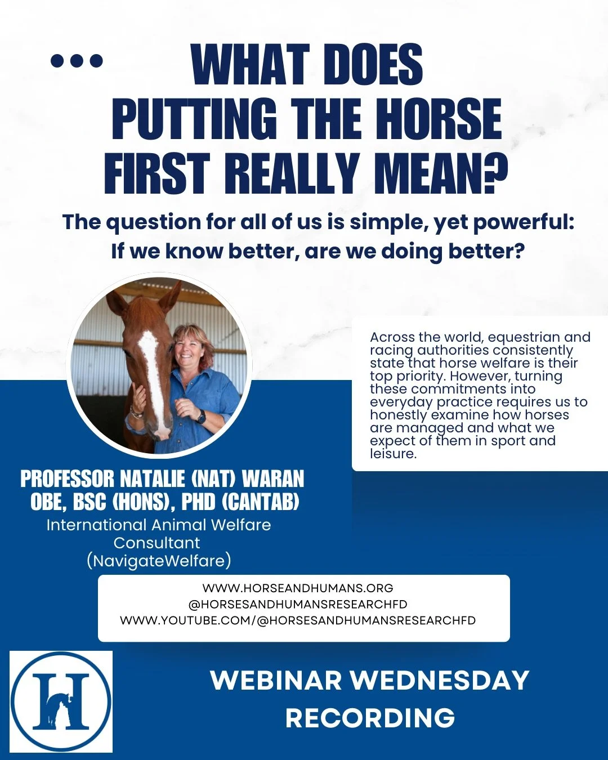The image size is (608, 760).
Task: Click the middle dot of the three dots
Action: pyautogui.click(x=77, y=60)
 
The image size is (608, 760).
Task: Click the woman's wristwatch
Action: pyautogui.click(x=200, y=417)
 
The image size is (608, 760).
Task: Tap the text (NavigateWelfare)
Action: pyautogui.click(x=159, y=561)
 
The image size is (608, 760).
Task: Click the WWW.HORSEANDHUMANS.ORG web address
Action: pyautogui.click(x=298, y=588)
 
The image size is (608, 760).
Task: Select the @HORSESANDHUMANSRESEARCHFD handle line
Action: pyautogui.click(x=298, y=604)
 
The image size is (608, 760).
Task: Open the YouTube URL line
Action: pyautogui.click(x=298, y=620)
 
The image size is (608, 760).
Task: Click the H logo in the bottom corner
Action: pyautogui.click(x=61, y=701)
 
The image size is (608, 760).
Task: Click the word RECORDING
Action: pyautogui.click(x=370, y=718)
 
